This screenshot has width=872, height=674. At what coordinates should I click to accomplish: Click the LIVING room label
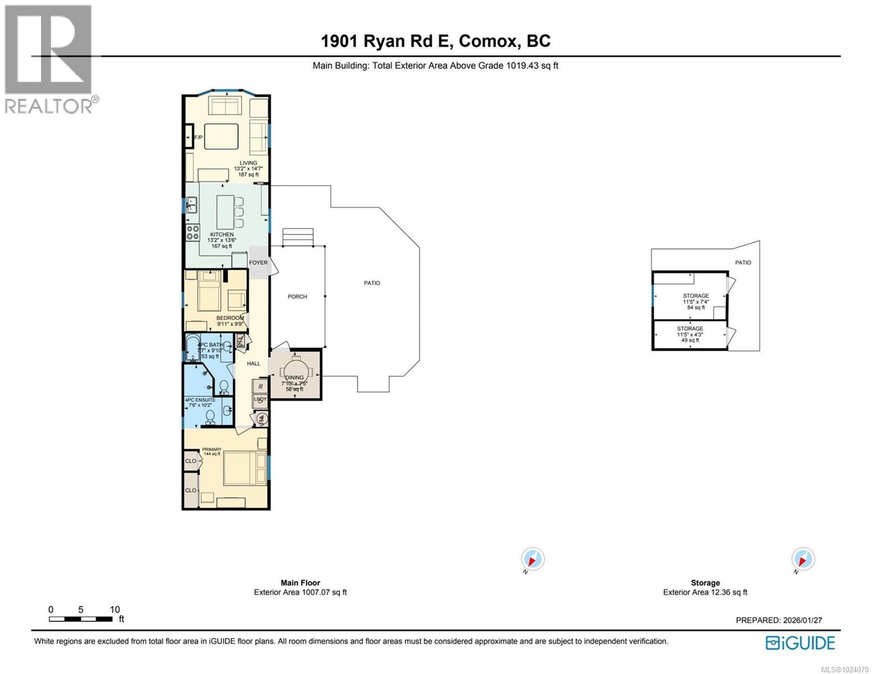tap(248, 163)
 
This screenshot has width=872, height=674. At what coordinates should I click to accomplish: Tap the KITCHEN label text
tap(221, 234)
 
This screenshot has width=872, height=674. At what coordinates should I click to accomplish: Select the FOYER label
tap(258, 262)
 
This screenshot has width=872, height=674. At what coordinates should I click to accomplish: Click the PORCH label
tap(297, 297)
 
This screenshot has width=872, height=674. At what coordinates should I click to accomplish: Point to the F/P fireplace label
tap(198, 138)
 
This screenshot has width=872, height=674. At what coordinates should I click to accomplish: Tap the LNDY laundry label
tap(260, 399)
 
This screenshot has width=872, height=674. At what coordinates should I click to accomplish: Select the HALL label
tap(254, 363)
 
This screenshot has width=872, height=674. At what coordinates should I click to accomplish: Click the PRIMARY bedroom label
tap(212, 449)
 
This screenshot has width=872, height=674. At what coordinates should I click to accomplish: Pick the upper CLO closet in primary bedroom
tap(190, 461)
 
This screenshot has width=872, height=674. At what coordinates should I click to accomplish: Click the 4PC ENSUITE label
tap(200, 400)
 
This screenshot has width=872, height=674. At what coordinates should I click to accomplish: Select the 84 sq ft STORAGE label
tap(696, 296)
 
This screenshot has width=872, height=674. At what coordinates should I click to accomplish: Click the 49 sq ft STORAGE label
tap(689, 329)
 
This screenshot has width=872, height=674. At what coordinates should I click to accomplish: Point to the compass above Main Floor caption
tap(532, 559)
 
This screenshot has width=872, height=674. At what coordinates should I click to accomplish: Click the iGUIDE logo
tap(801, 643)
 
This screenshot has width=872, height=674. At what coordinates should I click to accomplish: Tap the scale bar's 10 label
tap(115, 609)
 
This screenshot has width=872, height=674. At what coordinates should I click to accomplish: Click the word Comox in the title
tap(489, 41)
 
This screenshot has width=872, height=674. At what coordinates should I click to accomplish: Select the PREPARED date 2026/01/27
tap(803, 620)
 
